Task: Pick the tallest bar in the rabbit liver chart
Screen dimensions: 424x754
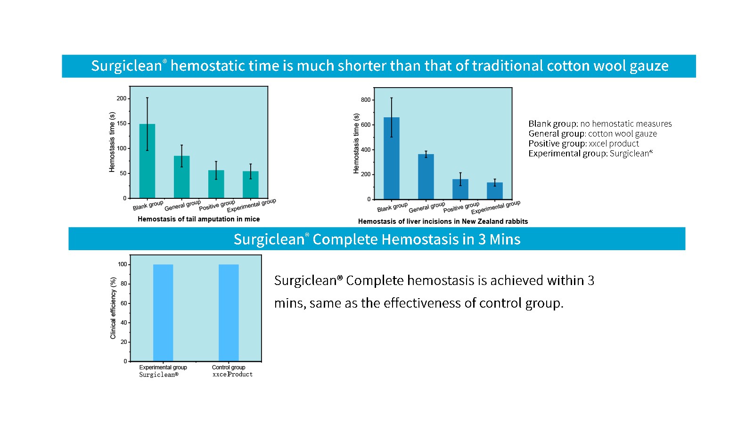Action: (x=391, y=160)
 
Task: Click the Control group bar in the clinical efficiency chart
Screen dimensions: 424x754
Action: (x=229, y=313)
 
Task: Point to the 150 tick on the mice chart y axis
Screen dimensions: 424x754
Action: (x=122, y=123)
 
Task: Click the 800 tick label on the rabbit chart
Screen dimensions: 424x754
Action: (x=366, y=100)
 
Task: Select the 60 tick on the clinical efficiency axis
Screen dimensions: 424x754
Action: (x=124, y=303)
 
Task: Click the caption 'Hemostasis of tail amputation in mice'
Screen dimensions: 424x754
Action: (x=198, y=219)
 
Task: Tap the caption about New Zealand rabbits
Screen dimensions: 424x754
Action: (x=443, y=221)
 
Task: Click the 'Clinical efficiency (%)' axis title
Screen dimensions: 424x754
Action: (x=113, y=308)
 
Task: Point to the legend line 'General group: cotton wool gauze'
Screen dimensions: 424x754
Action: (x=592, y=134)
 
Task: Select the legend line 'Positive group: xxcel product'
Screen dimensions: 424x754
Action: (x=583, y=144)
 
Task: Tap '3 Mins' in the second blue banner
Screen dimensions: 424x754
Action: (x=499, y=239)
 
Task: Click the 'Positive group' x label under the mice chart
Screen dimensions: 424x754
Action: (x=217, y=206)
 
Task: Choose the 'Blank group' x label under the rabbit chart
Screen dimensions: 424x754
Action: (x=392, y=207)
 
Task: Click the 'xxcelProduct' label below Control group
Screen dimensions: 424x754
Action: (x=232, y=375)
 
